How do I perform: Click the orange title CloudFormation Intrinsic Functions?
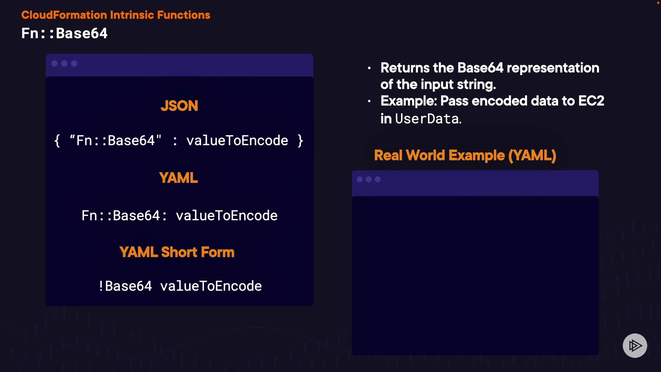(x=116, y=15)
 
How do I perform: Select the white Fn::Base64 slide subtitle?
(x=64, y=33)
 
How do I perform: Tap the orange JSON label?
(x=179, y=106)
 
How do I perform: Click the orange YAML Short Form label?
(x=177, y=252)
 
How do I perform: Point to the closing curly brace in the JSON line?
(x=301, y=141)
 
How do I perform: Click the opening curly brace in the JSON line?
(x=57, y=141)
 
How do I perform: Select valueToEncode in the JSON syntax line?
(x=237, y=141)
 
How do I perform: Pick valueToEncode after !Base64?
(x=211, y=286)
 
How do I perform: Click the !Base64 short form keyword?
(x=125, y=286)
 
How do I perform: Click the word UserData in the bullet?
(x=427, y=119)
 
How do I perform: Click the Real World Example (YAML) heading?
(x=465, y=155)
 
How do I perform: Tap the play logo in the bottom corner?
(x=635, y=345)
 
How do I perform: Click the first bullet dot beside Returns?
(x=369, y=68)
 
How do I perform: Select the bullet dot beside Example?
(x=369, y=101)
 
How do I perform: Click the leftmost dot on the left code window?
(x=54, y=63)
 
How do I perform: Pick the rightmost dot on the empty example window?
(x=378, y=179)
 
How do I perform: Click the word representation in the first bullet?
(x=553, y=68)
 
